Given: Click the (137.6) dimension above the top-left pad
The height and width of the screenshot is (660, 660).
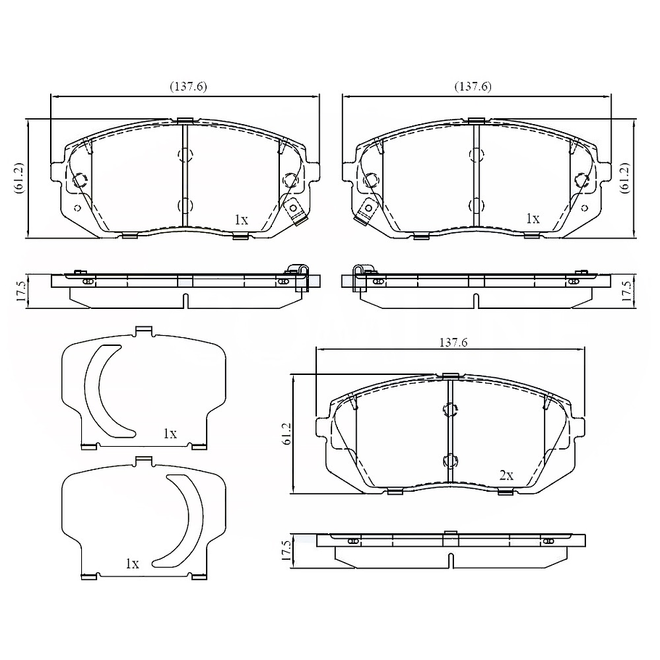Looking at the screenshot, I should [189, 86].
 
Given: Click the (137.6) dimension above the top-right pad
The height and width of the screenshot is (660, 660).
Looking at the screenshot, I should [473, 86].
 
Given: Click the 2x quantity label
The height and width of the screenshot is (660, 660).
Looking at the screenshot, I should [506, 475].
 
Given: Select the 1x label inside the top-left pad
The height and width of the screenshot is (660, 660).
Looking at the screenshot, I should [241, 218].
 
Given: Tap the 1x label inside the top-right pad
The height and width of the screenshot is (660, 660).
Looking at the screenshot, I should [532, 218].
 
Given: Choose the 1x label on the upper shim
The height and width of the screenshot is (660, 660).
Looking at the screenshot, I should [170, 434].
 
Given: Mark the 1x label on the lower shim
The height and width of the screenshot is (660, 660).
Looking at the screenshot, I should [131, 563].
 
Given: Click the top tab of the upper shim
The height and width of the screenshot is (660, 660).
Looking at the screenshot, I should [144, 331].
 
